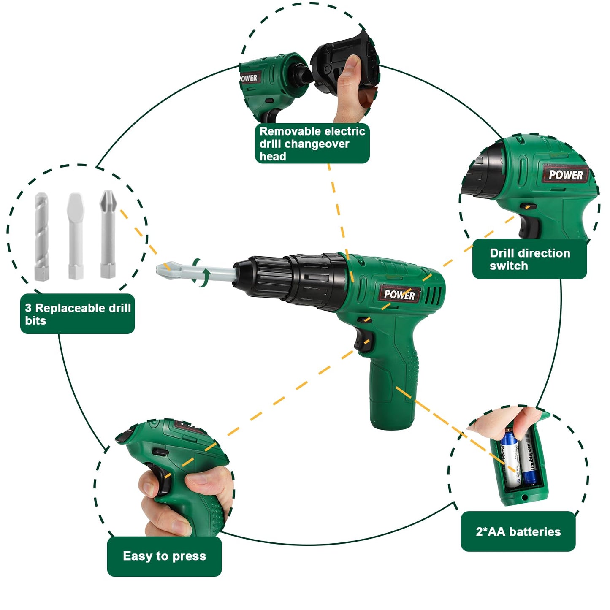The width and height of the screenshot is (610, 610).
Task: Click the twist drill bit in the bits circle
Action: (x=41, y=236)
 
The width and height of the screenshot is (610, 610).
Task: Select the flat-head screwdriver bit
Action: (x=76, y=236)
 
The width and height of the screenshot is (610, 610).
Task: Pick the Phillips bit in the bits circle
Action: (x=108, y=234)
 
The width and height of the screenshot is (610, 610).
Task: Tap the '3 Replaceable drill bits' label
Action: (x=78, y=314)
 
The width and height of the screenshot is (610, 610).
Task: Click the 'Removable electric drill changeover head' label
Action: (x=312, y=144)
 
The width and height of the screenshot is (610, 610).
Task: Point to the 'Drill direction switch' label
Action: (x=529, y=259)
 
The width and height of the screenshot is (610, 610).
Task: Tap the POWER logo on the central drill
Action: (x=399, y=295)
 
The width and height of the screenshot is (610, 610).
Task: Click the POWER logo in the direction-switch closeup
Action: (x=566, y=175)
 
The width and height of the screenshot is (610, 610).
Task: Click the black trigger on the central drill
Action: (x=363, y=341)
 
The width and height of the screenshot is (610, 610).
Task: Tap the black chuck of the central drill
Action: (x=290, y=282)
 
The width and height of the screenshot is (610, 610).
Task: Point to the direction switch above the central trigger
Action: (x=366, y=320)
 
